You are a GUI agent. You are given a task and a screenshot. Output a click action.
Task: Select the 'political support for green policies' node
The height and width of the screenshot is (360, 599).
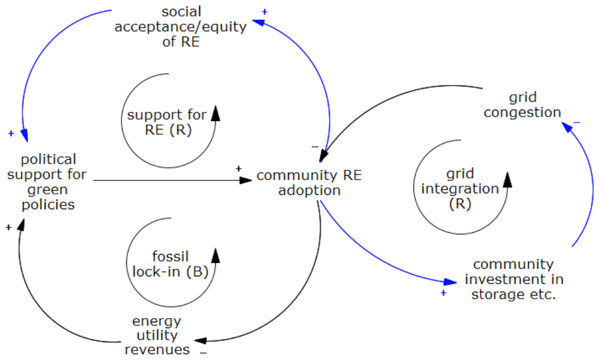pyautogui.click(x=48, y=182)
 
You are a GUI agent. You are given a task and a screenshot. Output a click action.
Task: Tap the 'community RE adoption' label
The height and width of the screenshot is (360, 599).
pyautogui.click(x=310, y=183)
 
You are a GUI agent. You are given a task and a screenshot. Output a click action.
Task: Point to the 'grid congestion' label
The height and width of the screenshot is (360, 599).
pyautogui.click(x=522, y=104)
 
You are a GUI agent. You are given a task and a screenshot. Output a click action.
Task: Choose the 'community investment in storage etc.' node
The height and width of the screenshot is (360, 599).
pyautogui.click(x=513, y=279)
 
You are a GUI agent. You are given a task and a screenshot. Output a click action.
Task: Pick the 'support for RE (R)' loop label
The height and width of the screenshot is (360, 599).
pyautogui.click(x=167, y=122)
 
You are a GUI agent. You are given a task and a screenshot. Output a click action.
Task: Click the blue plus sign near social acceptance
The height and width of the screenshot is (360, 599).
pyautogui.click(x=265, y=11)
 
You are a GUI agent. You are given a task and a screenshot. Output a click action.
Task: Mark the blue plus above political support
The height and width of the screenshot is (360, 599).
pyautogui.click(x=11, y=133)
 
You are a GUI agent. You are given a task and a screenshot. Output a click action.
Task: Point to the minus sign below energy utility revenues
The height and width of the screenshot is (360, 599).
pyautogui.click(x=203, y=352)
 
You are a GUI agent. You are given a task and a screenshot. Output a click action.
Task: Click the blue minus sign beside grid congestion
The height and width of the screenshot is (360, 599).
pyautogui.click(x=577, y=121)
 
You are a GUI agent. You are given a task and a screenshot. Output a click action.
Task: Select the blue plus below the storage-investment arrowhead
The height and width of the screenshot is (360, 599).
pyautogui.click(x=443, y=292)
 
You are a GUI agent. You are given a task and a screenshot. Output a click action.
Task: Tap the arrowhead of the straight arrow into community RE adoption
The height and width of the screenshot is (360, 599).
pyautogui.click(x=247, y=180)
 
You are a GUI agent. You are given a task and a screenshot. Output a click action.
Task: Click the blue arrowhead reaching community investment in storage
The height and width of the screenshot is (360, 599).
pyautogui.click(x=451, y=282)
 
